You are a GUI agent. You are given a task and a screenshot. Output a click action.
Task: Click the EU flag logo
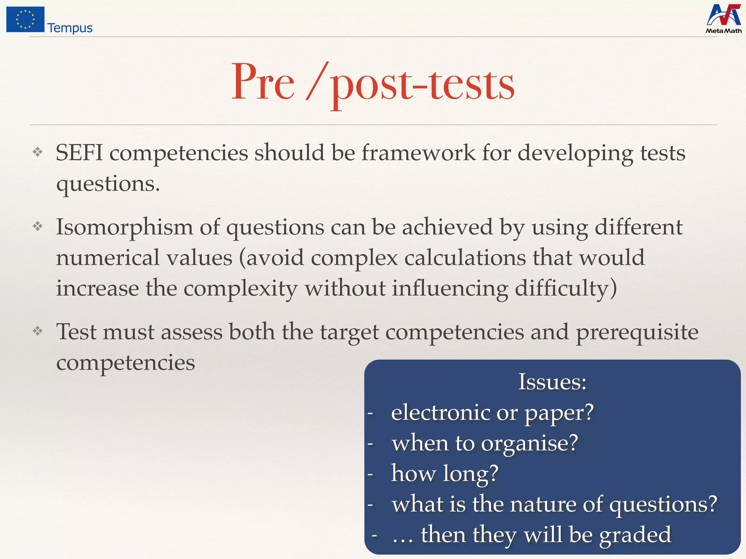25,19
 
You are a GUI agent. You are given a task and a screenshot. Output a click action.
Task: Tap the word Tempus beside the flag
70,28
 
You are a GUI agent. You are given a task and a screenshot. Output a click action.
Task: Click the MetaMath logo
723,19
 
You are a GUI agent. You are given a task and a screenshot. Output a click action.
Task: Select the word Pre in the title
263,82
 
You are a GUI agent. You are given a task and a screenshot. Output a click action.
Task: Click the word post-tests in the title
423,84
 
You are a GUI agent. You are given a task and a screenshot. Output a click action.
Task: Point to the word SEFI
79,153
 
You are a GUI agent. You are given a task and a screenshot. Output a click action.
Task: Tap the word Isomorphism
124,227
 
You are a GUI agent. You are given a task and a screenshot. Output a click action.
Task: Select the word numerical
108,258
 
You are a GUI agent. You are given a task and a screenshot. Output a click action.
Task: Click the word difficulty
565,289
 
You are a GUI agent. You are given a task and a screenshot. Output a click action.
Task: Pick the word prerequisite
637,332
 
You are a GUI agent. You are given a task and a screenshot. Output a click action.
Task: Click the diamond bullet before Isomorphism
38,227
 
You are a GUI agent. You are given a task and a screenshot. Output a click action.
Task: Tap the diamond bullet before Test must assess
38,331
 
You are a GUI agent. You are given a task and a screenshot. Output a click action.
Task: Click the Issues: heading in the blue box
552,382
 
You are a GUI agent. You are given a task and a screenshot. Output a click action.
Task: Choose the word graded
635,535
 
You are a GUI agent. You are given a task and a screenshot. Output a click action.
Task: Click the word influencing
450,289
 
